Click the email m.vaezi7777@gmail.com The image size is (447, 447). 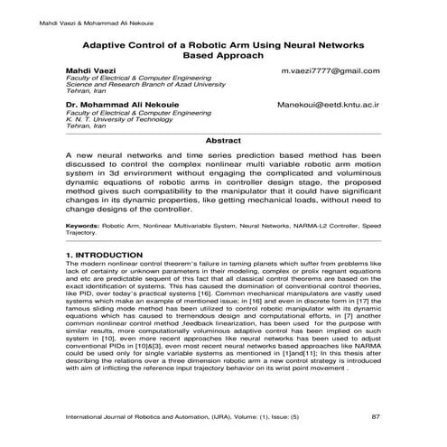point(330,70)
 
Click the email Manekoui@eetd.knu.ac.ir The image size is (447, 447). point(329,106)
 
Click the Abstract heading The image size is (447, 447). point(223,142)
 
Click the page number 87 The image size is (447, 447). point(375,416)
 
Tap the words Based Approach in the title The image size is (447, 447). point(222,55)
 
